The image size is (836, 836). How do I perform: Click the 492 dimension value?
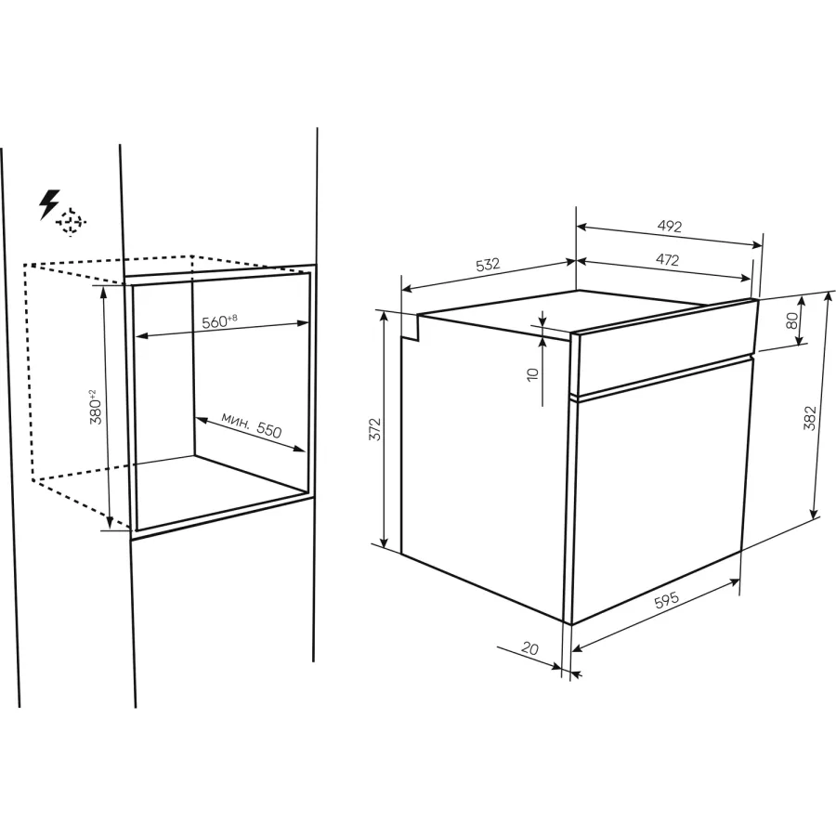670,227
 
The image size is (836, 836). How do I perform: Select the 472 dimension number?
667,260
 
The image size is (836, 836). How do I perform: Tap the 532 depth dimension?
488,265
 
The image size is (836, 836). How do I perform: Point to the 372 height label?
375,429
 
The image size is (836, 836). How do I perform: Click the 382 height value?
809,418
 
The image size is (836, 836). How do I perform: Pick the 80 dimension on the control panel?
792,320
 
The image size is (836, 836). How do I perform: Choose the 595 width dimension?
667,600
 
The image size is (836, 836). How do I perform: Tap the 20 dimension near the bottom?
530,648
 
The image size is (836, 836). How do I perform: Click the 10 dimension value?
532,373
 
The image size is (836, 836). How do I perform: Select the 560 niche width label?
215,322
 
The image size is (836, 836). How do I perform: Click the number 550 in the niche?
268,428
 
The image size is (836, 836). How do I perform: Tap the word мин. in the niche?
235,420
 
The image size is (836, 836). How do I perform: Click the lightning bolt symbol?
49,204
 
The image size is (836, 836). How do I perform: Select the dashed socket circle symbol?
71,222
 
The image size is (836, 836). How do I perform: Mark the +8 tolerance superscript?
232,319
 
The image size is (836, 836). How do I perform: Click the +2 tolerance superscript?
92,395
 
